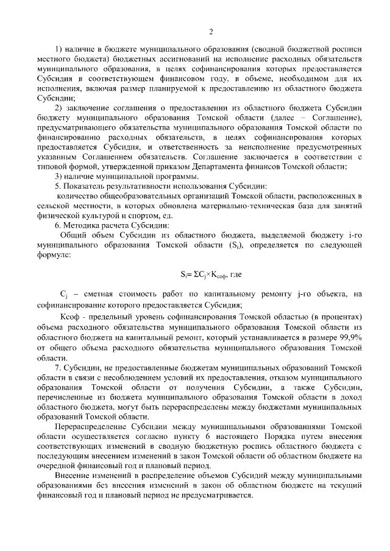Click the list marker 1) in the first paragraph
click(x=58, y=49)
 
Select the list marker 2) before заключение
click(x=58, y=109)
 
